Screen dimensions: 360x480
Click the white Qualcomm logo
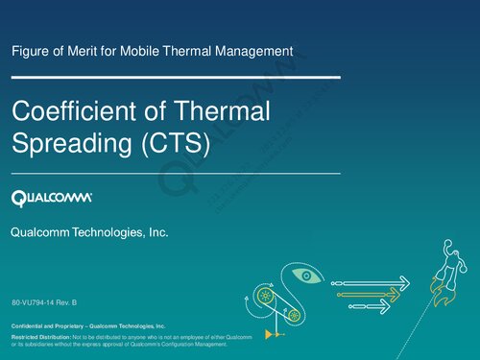pyautogui.click(x=52, y=199)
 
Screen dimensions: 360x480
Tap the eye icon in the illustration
pyautogui.click(x=306, y=276)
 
